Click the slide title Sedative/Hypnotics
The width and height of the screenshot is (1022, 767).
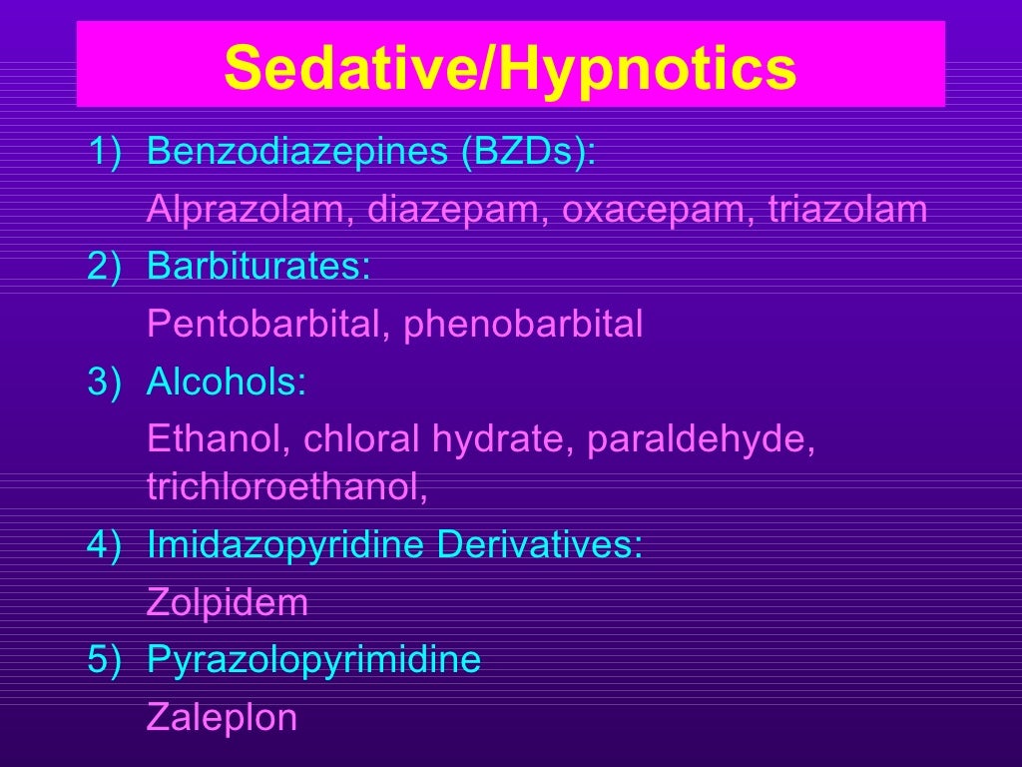click(510, 67)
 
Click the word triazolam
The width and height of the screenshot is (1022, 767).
click(847, 211)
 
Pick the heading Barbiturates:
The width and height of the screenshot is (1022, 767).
click(258, 268)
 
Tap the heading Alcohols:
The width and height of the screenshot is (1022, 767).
click(227, 382)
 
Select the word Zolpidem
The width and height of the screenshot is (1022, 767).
click(227, 603)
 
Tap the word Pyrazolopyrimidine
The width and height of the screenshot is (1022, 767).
click(313, 660)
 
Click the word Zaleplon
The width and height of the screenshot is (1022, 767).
click(222, 718)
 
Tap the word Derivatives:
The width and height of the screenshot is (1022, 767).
click(541, 546)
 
